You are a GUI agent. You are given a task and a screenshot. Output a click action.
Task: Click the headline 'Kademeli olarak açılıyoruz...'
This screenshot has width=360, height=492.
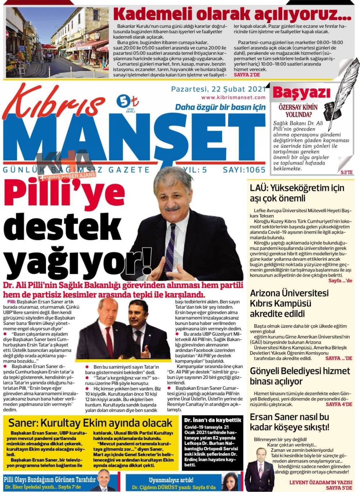tap(232, 14)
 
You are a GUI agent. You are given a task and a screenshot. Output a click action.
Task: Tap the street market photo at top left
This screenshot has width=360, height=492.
tap(57, 43)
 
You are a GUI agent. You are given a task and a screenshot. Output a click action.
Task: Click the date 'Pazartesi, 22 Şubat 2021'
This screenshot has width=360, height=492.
tap(218, 89)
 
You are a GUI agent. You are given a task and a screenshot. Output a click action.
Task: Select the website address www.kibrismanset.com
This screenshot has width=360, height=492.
tap(233, 97)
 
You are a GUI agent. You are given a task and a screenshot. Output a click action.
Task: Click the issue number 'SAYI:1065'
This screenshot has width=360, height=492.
tap(244, 170)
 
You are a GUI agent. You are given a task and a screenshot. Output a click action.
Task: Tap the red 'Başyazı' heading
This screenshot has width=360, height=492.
tap(301, 93)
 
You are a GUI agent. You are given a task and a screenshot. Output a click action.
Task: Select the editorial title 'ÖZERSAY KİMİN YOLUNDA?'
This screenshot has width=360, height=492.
tap(298, 111)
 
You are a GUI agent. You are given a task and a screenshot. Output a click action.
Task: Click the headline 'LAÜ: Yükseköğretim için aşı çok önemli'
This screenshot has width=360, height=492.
tap(297, 193)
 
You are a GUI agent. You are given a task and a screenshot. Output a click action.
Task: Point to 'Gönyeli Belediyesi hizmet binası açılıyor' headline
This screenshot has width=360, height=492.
tap(300, 376)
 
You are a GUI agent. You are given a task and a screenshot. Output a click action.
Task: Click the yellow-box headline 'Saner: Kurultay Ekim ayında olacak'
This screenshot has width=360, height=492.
tap(90, 423)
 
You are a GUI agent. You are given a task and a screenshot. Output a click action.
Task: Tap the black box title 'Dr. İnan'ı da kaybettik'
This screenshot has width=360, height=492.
tap(212, 420)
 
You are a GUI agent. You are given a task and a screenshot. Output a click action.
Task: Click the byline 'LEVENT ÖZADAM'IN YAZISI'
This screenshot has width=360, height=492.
tap(320, 482)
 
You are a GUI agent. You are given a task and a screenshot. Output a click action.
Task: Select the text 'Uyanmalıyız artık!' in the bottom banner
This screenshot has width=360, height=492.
tap(171, 480)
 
